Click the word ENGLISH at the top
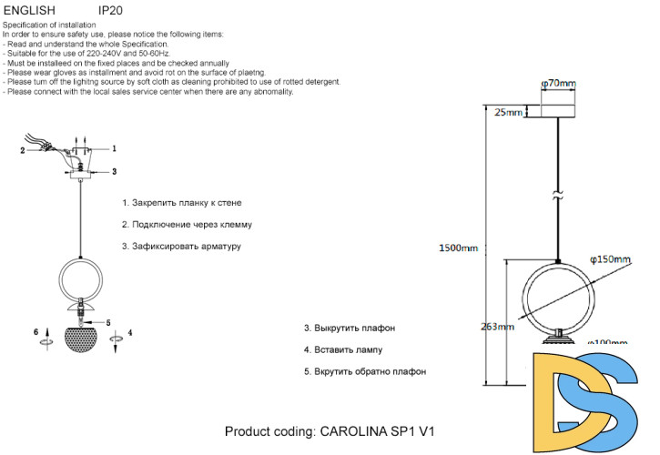31,10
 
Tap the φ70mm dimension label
559,84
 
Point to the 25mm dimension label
508,113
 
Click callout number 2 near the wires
23,151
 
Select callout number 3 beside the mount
115,170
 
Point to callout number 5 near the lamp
107,322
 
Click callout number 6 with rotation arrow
37,333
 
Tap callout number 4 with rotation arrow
130,333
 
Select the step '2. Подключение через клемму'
187,224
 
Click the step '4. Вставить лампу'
342,349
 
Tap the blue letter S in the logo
612,400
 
